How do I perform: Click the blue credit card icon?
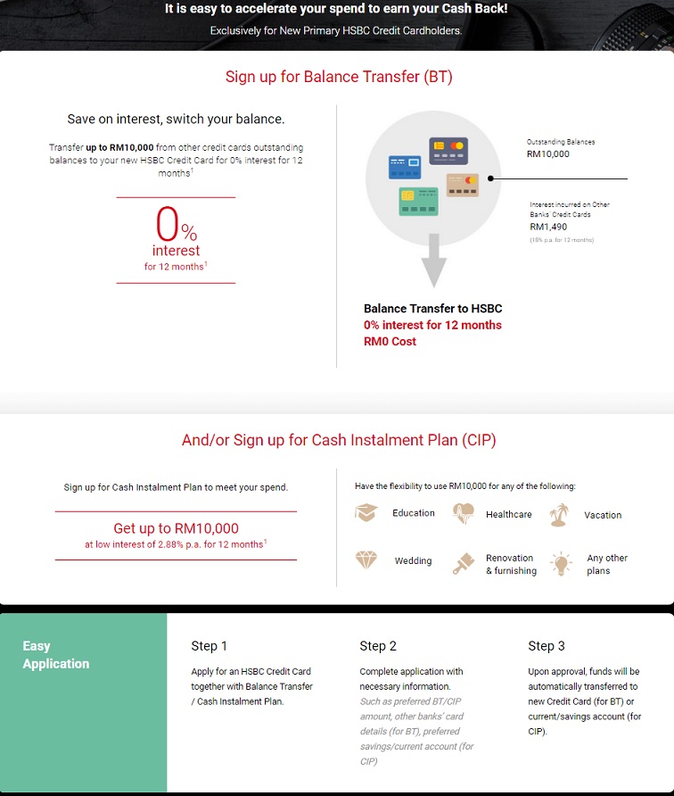pyautogui.click(x=405, y=167)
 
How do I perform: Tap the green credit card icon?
pyautogui.click(x=418, y=202)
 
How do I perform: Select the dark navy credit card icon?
pyautogui.click(x=448, y=151)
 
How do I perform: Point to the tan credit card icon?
pyautogui.click(x=463, y=185)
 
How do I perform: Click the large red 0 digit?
pyautogui.click(x=168, y=223)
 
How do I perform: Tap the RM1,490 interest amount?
pyautogui.click(x=548, y=227)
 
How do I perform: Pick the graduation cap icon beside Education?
pyautogui.click(x=366, y=513)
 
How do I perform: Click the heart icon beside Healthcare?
pyautogui.click(x=463, y=514)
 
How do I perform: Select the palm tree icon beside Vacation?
pyautogui.click(x=559, y=515)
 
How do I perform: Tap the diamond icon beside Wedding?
pyautogui.click(x=366, y=560)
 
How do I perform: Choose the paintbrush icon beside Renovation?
pyautogui.click(x=463, y=563)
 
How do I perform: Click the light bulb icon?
pyautogui.click(x=561, y=563)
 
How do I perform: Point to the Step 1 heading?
pyautogui.click(x=209, y=646)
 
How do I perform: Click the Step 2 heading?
pyautogui.click(x=378, y=646)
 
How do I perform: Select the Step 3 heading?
pyautogui.click(x=547, y=646)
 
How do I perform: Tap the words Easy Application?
pyautogui.click(x=56, y=655)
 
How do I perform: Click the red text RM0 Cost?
pyautogui.click(x=390, y=342)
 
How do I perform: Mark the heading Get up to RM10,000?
pyautogui.click(x=176, y=528)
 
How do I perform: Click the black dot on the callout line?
pyautogui.click(x=490, y=178)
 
